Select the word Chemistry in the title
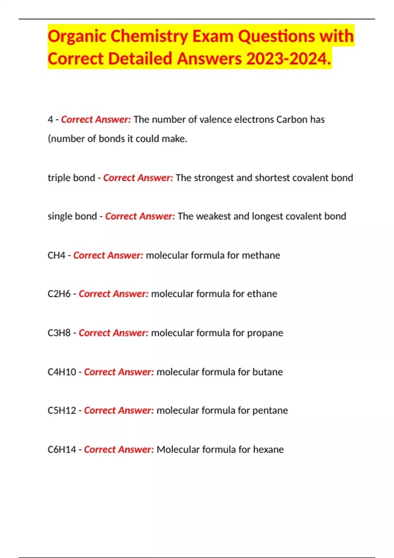tap(149, 36)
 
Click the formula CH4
tap(56, 255)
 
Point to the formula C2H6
tap(59, 293)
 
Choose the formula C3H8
tap(59, 333)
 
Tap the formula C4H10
tap(62, 372)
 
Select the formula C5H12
tap(62, 410)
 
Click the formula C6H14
tap(62, 449)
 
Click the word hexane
tap(268, 449)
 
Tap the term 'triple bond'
tap(71, 178)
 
